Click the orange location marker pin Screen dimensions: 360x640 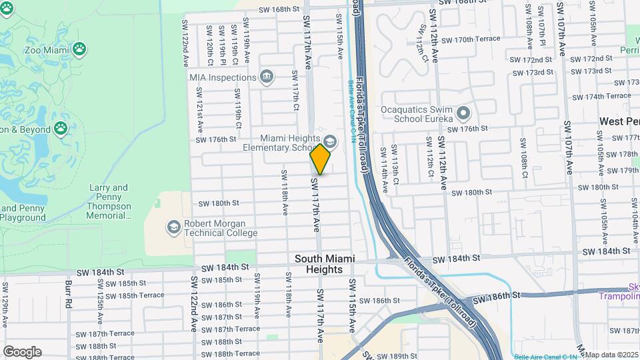321,159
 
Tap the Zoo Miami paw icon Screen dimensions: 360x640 79,48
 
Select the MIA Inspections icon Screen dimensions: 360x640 267,77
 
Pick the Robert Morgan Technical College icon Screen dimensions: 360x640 173,228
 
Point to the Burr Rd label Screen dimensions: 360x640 69,293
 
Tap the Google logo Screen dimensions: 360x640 22,352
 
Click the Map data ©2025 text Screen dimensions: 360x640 612,355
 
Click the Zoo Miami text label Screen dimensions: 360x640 46,49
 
